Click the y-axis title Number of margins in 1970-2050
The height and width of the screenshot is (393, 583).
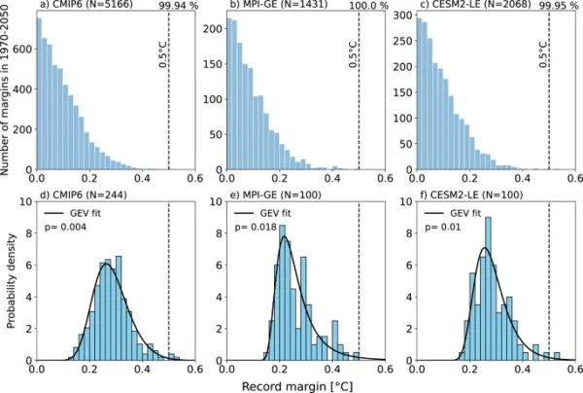point(7,97)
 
